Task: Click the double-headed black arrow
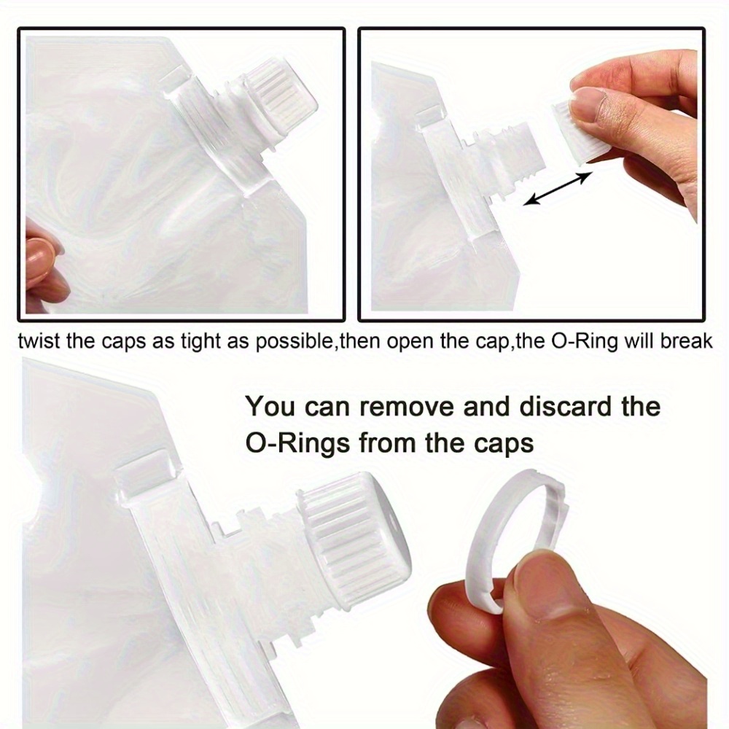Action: [558, 188]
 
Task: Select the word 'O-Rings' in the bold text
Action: [297, 443]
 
